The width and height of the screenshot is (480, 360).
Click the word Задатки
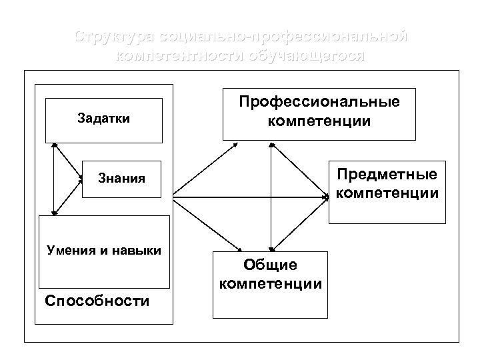pos(104,119)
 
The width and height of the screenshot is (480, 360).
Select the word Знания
pos(121,179)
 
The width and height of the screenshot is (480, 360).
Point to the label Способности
pos(97,301)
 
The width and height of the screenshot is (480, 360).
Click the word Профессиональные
pos(319,103)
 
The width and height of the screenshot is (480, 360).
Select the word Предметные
pos(387,175)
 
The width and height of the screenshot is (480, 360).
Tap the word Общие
pos(270,265)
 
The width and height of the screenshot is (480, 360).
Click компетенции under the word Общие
pos(270,283)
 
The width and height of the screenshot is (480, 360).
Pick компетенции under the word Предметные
pos(387,193)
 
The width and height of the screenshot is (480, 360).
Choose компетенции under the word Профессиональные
pos(319,121)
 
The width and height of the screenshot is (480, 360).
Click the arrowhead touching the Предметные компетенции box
pos(326,197)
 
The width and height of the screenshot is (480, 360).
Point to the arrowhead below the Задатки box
pos(53,145)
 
